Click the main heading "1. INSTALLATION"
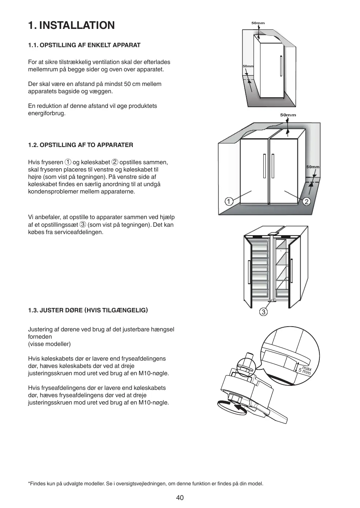click(71, 25)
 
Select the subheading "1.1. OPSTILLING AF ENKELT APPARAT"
click(84, 45)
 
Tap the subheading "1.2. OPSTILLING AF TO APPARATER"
click(80, 145)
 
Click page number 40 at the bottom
click(180, 498)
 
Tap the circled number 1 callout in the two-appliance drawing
click(229, 201)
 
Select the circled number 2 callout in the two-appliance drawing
click(307, 201)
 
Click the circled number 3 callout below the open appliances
click(263, 312)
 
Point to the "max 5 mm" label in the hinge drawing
click(305, 370)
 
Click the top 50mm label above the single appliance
click(258, 23)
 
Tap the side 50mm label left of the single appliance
click(248, 66)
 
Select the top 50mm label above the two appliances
click(288, 115)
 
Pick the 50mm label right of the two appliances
click(313, 167)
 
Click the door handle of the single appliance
click(281, 66)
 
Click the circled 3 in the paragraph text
click(83, 225)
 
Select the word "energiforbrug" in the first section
click(47, 113)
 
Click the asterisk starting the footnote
click(29, 483)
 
